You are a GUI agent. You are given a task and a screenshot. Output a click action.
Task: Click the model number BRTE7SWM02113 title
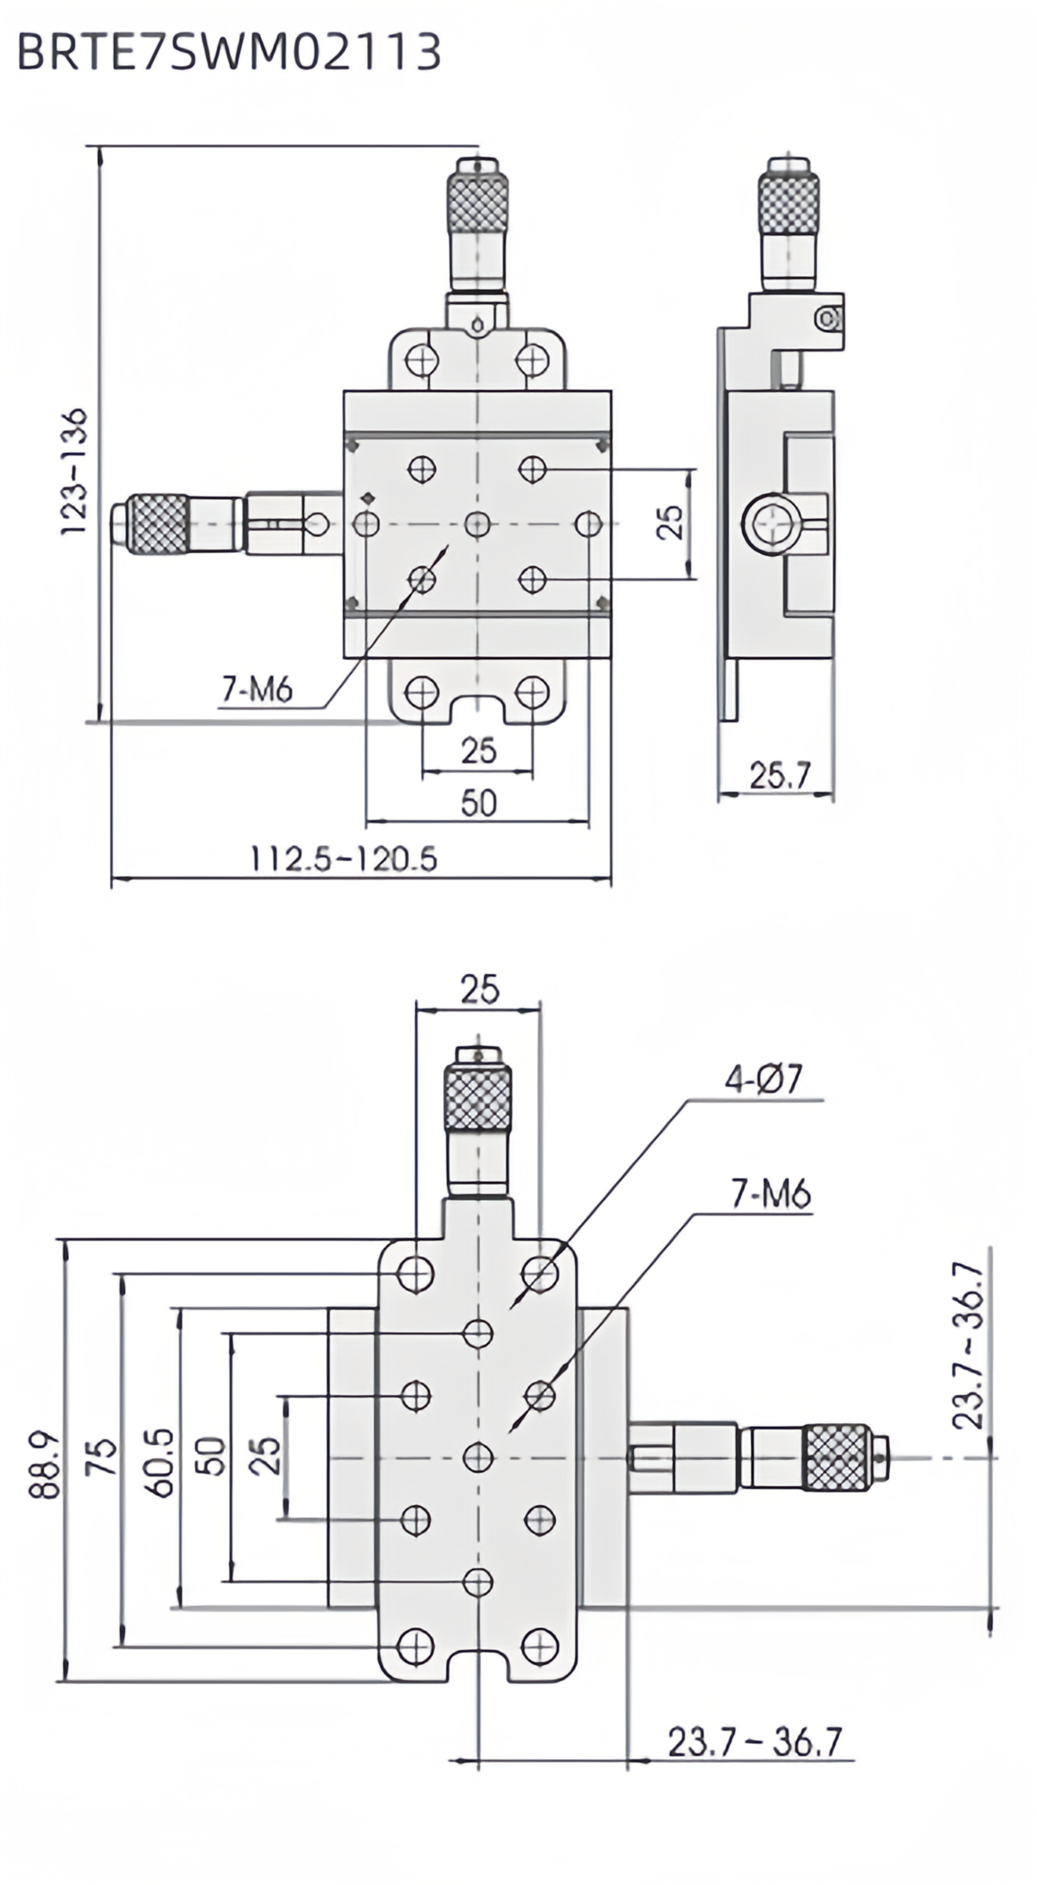tap(228, 53)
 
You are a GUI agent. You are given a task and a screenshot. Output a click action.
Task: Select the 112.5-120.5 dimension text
tap(343, 859)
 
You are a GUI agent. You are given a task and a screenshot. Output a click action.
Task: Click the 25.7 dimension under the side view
tap(779, 776)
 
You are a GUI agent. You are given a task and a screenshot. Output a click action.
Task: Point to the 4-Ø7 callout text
tap(762, 1081)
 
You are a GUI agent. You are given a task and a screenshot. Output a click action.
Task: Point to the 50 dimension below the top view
tap(478, 803)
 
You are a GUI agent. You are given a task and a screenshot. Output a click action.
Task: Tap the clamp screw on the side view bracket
tap(826, 318)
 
